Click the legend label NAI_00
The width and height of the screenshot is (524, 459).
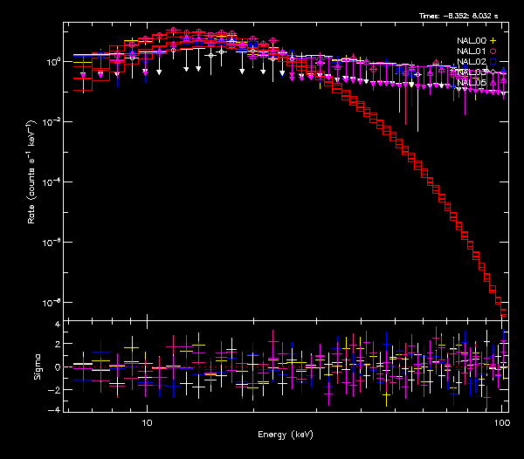pyautogui.click(x=472, y=41)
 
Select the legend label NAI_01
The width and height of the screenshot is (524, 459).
pyautogui.click(x=472, y=51)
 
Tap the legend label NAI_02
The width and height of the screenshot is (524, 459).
pyautogui.click(x=472, y=62)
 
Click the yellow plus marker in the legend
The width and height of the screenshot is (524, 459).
pyautogui.click(x=493, y=41)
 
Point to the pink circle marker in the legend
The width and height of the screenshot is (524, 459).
pyautogui.click(x=493, y=51)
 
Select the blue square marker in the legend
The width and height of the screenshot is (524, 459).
pyautogui.click(x=493, y=62)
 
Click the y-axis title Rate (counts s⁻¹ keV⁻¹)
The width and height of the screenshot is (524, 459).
pyautogui.click(x=31, y=171)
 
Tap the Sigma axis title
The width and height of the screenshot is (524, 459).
pyautogui.click(x=37, y=367)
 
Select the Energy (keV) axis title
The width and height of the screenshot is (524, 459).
pyautogui.click(x=285, y=435)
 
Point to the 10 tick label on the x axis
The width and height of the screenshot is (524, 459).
pyautogui.click(x=147, y=422)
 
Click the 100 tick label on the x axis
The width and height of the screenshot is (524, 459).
pyautogui.click(x=501, y=422)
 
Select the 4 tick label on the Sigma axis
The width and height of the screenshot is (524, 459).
pyautogui.click(x=57, y=325)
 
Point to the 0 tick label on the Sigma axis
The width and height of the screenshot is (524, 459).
pyautogui.click(x=57, y=367)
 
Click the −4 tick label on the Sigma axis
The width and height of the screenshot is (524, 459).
pyautogui.click(x=54, y=409)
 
